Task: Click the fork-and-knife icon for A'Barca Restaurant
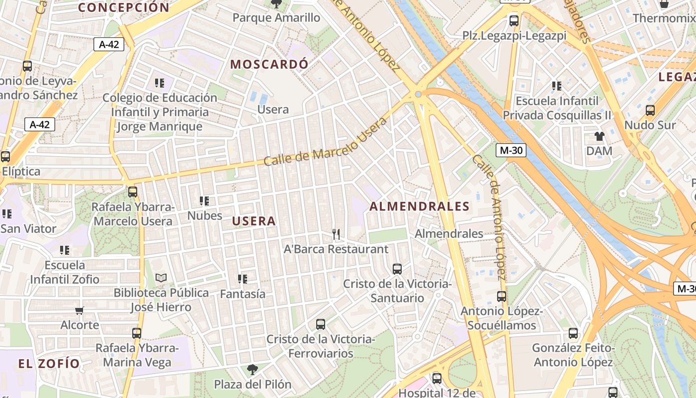336,234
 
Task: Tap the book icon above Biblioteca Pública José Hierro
161,278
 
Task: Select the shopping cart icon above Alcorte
80,311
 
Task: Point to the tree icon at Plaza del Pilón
253,369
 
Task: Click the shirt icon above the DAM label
599,136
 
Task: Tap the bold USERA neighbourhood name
254,221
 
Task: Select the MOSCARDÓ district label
269,64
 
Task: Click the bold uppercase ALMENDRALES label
419,206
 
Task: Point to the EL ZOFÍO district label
49,364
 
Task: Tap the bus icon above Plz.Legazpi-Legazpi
514,21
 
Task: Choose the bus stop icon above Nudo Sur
650,110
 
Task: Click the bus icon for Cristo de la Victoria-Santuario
397,269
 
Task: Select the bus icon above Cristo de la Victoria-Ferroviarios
321,324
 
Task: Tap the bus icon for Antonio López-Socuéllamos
502,297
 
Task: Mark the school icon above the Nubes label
204,201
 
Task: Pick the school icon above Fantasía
243,279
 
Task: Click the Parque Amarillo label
276,18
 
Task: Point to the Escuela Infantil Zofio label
65,272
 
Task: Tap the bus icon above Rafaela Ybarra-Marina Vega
137,333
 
